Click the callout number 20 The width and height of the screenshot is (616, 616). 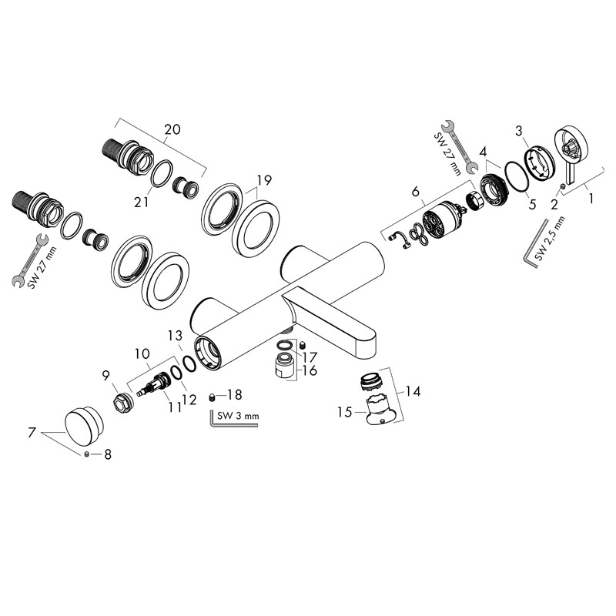[172, 129]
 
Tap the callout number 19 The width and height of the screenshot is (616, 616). [264, 181]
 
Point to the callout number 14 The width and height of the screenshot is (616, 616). [413, 391]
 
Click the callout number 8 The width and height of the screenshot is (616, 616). [107, 455]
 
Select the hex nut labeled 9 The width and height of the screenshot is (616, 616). [122, 402]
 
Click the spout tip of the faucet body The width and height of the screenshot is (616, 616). [368, 339]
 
